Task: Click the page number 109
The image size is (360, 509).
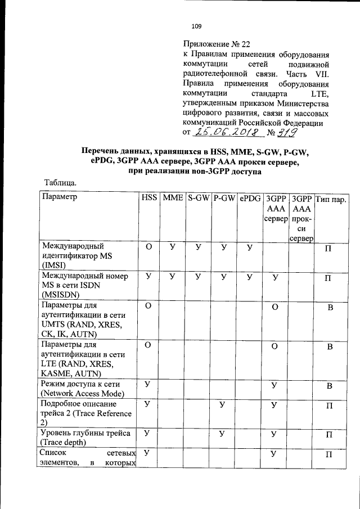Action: point(196,26)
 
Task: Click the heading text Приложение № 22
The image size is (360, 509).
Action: point(217,44)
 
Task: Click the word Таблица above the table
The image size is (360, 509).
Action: point(60,182)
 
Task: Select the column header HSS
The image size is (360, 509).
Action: point(149,198)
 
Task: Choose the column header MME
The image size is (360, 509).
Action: point(173,198)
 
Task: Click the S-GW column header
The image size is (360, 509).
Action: point(199,198)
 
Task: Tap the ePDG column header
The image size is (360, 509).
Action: point(250,198)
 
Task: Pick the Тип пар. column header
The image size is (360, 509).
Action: point(331,199)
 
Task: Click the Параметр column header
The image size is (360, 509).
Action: point(59,198)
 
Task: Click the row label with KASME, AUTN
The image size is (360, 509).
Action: point(70,373)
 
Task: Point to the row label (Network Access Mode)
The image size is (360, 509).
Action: point(83,393)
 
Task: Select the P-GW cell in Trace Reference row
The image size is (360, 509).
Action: point(223,404)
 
